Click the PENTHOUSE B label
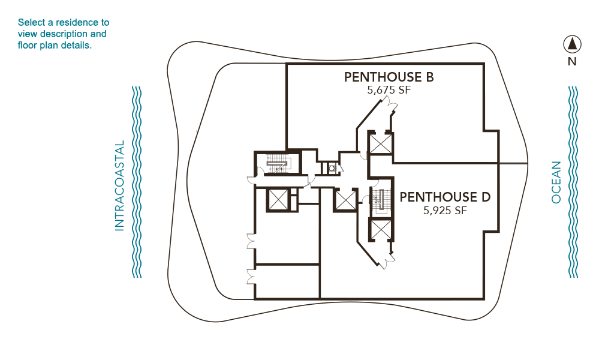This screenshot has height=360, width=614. point(389,77)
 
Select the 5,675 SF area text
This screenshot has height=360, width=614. point(389,90)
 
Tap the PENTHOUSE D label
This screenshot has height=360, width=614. point(445,197)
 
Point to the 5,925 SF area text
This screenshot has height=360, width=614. point(445,211)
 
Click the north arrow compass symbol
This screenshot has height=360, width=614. point(572,44)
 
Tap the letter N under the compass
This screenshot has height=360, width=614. point(572,62)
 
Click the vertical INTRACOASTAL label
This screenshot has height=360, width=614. point(119,185)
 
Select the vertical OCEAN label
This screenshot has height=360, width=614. point(556,182)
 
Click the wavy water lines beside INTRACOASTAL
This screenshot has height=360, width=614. point(136,182)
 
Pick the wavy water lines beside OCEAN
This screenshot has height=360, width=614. point(573,182)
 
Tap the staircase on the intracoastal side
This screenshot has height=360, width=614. point(277,163)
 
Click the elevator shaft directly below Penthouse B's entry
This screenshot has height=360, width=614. point(380,143)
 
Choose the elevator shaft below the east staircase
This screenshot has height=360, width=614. point(381,230)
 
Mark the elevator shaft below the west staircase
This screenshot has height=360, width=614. point(278,200)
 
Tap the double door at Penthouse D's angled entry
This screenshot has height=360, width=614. point(388,261)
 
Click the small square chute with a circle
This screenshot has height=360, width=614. point(332,169)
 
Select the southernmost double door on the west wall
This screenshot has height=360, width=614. point(251,277)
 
